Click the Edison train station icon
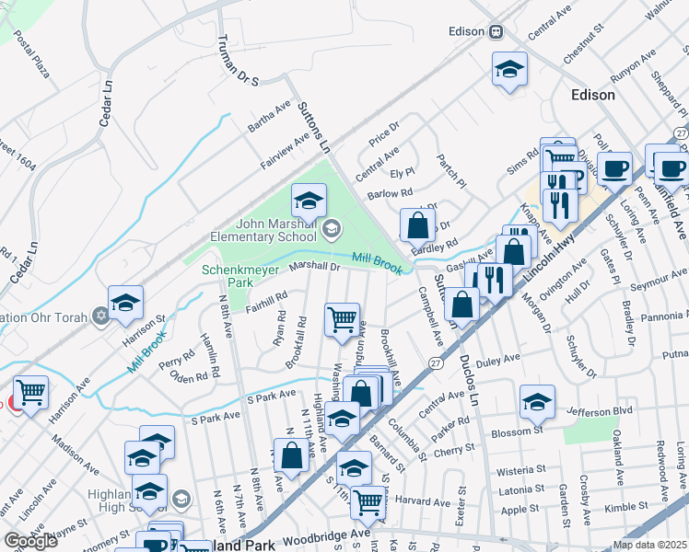pyautogui.click(x=496, y=31)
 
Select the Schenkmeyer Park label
pyautogui.click(x=227, y=276)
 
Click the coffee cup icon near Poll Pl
pyautogui.click(x=614, y=168)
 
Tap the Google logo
pyautogui.click(x=30, y=541)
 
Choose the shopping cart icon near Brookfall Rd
pyautogui.click(x=342, y=319)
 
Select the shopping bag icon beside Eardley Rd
pyautogui.click(x=417, y=224)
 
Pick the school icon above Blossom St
pyautogui.click(x=537, y=401)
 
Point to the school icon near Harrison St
pyautogui.click(x=125, y=301)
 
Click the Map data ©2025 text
pyautogui.click(x=648, y=545)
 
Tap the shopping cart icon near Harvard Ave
pyautogui.click(x=368, y=500)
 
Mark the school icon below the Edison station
pyautogui.click(x=509, y=70)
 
